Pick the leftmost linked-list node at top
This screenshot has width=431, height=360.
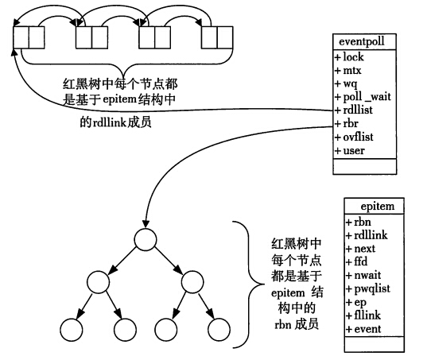coord(29,37)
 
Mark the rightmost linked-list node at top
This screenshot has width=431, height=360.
coord(217,37)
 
